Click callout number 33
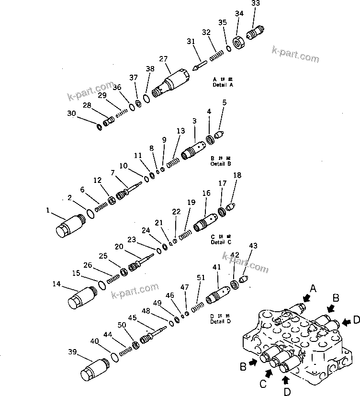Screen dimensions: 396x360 pos(256,3)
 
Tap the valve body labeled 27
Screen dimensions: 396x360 pos(173,82)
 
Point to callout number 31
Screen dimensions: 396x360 pos(191,42)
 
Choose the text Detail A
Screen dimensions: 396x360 pos(223,85)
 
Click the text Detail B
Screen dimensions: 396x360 pos(221,164)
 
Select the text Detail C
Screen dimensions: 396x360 pos(221,242)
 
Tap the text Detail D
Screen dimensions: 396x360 pos(221,321)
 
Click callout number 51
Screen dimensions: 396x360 pos(201,278)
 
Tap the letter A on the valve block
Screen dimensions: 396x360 pos(314,288)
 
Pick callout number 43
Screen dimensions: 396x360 pos(253,246)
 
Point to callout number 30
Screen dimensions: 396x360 pos(71,113)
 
